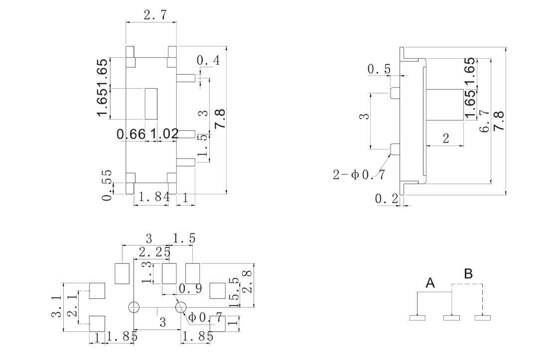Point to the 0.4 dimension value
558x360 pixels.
pyautogui.click(x=208, y=61)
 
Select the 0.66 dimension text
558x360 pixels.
pyautogui.click(x=131, y=134)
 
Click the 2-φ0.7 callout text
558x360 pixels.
pyautogui.click(x=359, y=175)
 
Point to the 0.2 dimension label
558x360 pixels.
pyautogui.click(x=387, y=199)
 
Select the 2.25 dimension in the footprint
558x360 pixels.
pyautogui.click(x=154, y=252)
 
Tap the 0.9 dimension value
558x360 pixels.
pyautogui.click(x=190, y=288)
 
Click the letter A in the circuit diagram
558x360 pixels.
pyautogui.click(x=430, y=283)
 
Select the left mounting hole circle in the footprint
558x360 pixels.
pyautogui.click(x=134, y=307)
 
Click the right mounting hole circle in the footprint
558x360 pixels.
pyautogui.click(x=180, y=307)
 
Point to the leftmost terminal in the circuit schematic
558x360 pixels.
pyautogui.click(x=418, y=317)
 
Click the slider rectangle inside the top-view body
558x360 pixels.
pyautogui.click(x=151, y=104)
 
